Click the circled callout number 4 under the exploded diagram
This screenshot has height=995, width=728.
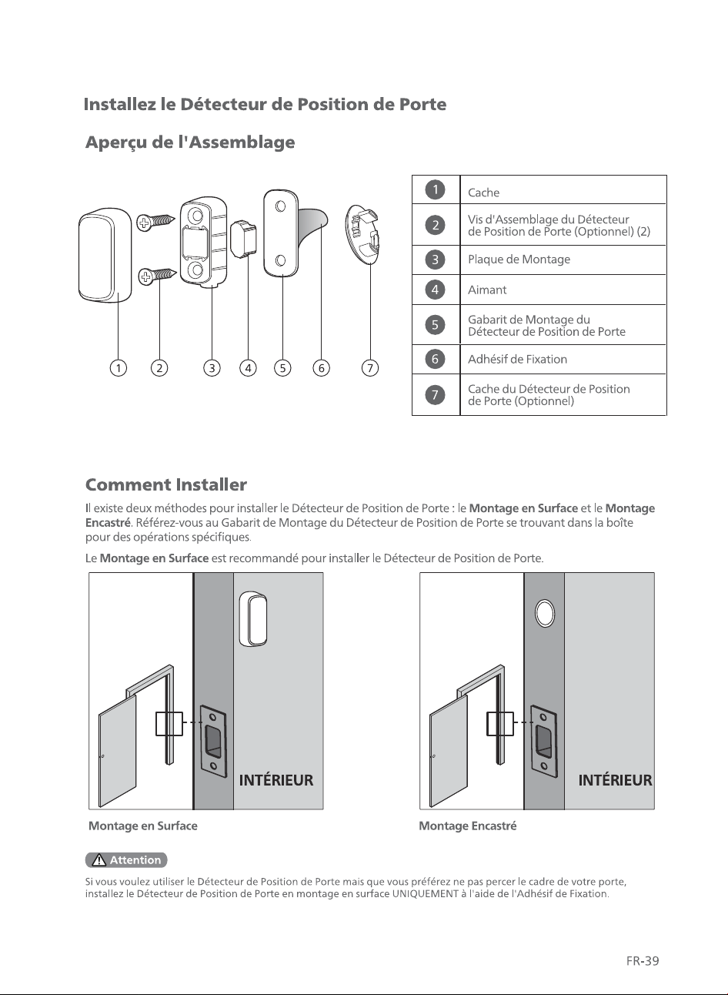pos(248,368)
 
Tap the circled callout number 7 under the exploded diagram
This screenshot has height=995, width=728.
pos(370,368)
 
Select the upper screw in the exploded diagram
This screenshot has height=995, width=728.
pos(155,221)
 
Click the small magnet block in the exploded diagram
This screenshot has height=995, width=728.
pos(243,239)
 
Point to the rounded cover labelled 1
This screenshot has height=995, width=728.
pos(105,256)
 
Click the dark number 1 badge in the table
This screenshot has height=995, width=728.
pos(435,189)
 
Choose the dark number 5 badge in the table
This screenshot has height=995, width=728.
pos(435,325)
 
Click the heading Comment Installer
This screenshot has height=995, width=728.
pos(166,484)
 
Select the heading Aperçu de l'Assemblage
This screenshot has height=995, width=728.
pos(190,142)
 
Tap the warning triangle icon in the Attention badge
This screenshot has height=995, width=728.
pos(99,860)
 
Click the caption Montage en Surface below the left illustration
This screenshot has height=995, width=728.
pos(143,826)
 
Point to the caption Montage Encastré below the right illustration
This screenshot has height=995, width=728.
pos(468,826)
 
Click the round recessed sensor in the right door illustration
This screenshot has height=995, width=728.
pos(545,613)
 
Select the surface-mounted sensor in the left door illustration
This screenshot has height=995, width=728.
pos(253,618)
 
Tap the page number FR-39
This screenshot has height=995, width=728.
pos(643,961)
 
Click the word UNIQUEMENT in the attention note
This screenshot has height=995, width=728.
pos(426,893)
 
